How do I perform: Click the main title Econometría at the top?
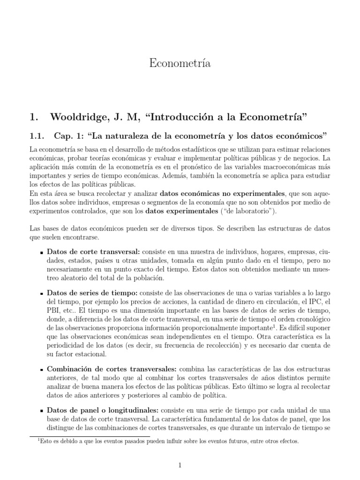[180, 64]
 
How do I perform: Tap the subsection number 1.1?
[36, 136]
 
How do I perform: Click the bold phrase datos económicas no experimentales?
[222, 193]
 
